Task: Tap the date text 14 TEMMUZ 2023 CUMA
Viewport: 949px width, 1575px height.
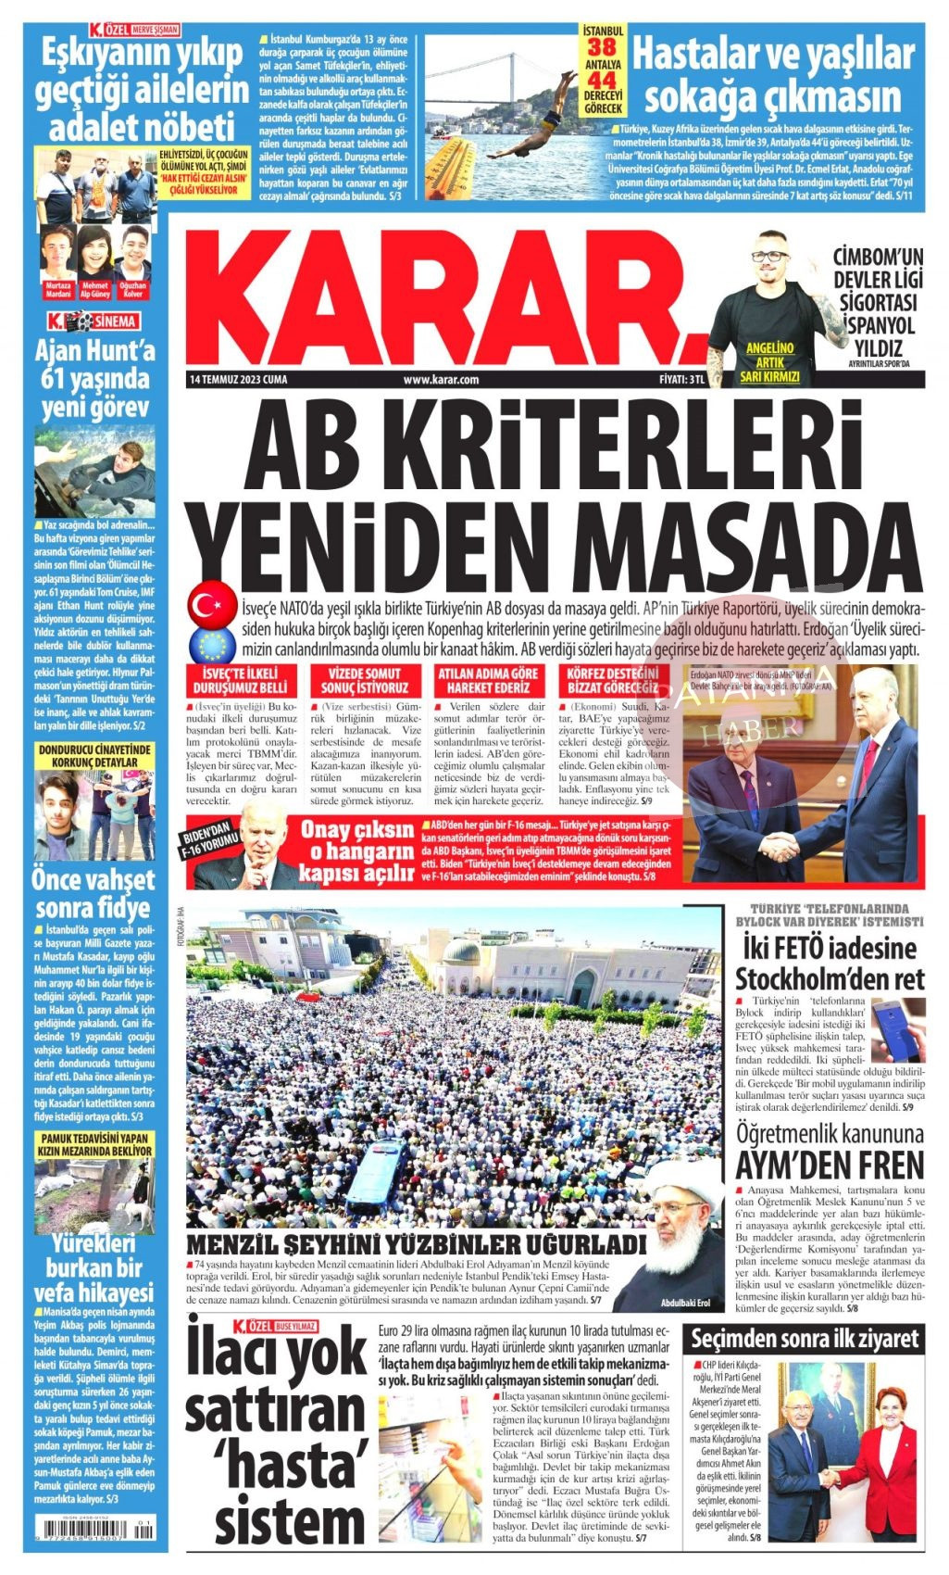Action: point(238,380)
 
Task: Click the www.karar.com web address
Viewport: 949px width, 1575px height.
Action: point(441,380)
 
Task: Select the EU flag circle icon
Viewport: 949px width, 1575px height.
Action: point(211,644)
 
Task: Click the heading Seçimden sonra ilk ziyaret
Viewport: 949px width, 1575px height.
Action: point(805,1338)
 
